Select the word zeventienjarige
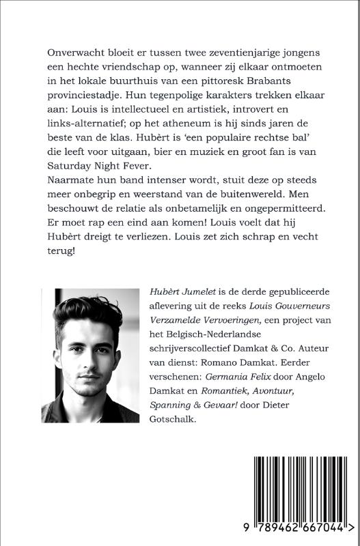[233, 53]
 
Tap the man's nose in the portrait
[85, 357]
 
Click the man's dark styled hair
[86, 315]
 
